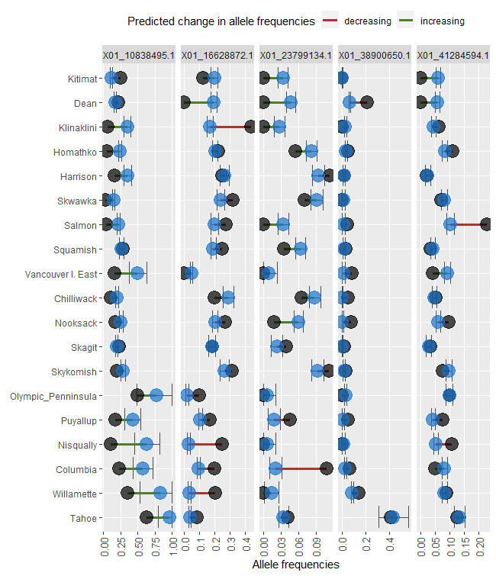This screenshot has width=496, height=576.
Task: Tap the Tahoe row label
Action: pos(84,518)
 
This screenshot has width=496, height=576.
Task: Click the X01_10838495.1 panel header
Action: pos(138,55)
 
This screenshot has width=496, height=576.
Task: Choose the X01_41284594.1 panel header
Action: pos(453,55)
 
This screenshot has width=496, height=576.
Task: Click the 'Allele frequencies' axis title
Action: pos(295,565)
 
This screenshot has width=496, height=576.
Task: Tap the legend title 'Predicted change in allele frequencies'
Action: pos(221,21)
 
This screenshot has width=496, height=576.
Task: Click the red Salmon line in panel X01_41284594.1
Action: pos(467,224)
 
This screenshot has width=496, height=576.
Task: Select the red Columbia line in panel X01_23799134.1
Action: pos(301,468)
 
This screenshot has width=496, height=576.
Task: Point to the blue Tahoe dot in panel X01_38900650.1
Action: pos(391,517)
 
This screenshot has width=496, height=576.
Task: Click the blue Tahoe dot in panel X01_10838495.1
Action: pos(169,517)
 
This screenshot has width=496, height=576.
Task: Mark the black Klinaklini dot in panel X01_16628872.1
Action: pos(250,127)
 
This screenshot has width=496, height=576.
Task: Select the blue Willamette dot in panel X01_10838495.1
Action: pos(160,493)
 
